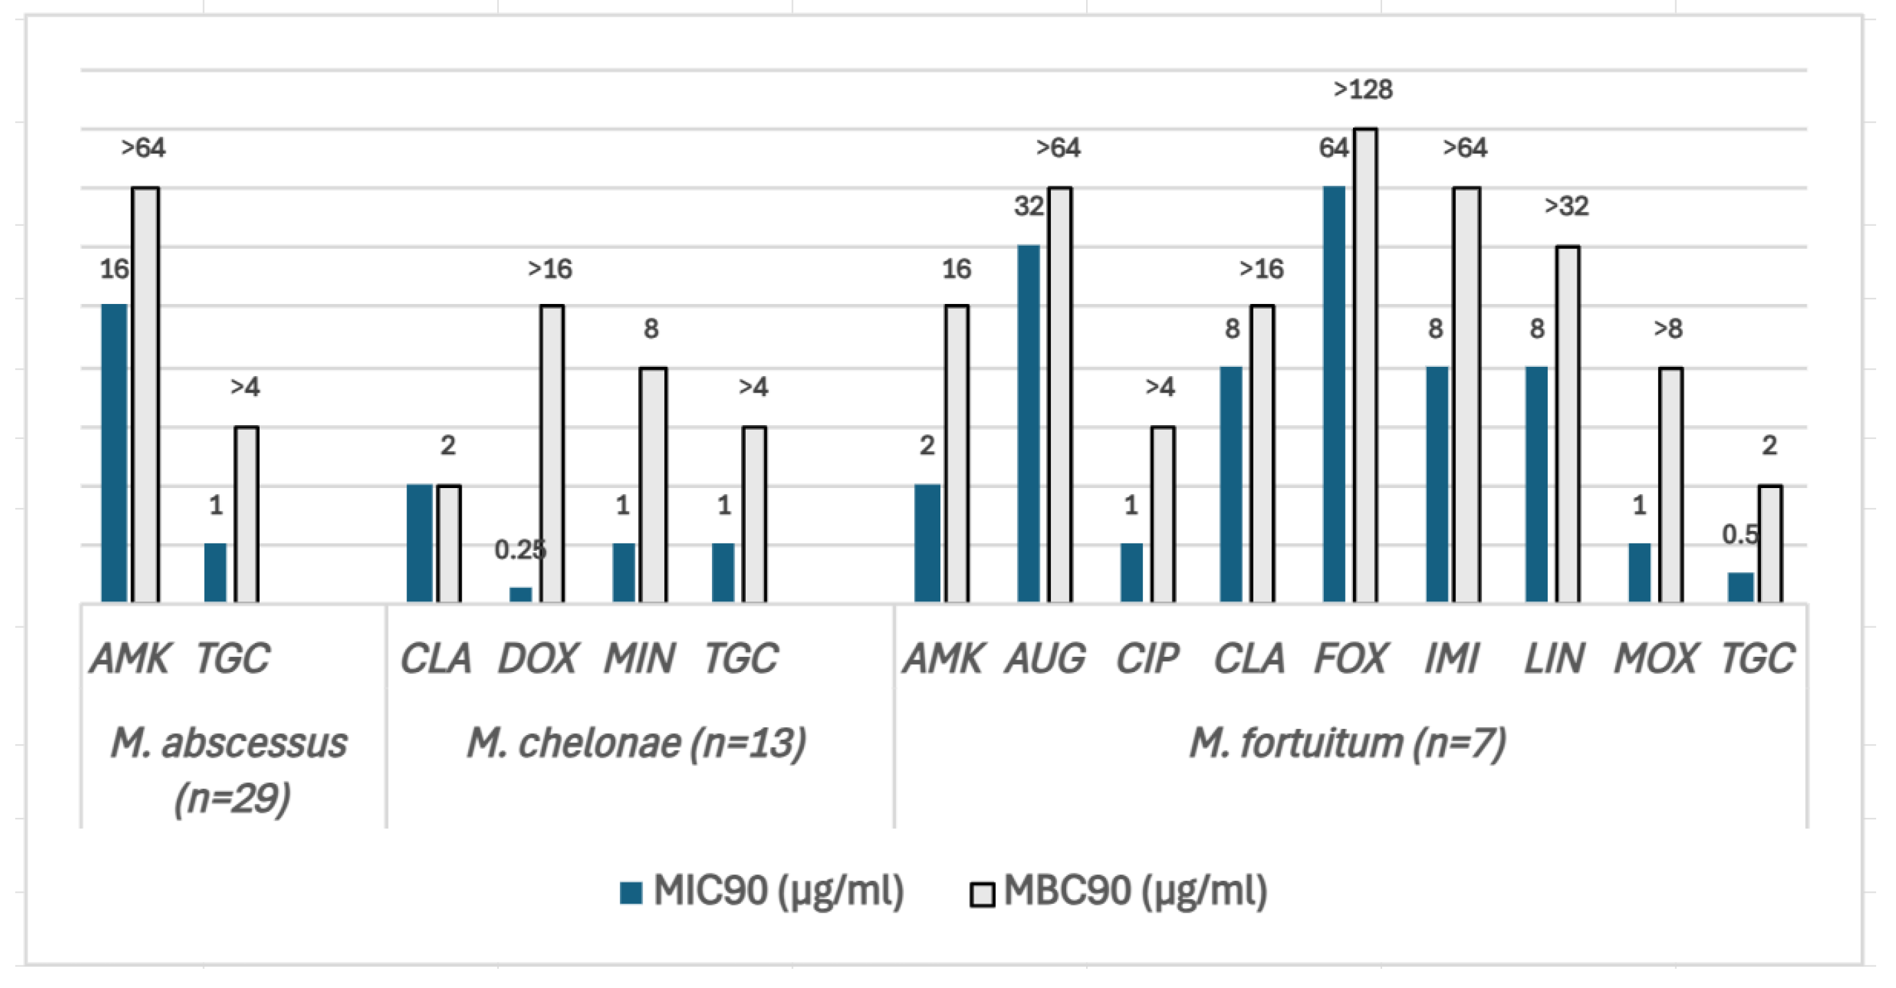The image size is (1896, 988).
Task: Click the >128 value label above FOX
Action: [x=1363, y=90]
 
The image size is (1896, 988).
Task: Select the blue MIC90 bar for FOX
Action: [x=1334, y=394]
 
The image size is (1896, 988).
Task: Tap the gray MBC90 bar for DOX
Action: [x=552, y=454]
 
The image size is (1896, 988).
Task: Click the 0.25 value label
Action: [x=520, y=550]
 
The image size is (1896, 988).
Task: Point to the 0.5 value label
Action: [x=1740, y=534]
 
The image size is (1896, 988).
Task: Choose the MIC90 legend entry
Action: [x=762, y=891]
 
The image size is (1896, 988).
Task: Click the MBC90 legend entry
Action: [x=1119, y=891]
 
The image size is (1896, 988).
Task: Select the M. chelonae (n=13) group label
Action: [x=636, y=743]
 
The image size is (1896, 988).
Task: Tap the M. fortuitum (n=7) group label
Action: [x=1348, y=743]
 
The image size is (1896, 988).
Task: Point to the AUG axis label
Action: [x=1045, y=658]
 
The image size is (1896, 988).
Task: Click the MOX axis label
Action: [x=1656, y=658]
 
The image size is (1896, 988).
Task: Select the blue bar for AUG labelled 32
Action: [x=1028, y=424]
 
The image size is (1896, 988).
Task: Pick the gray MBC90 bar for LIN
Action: [x=1568, y=424]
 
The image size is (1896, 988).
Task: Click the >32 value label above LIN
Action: [x=1566, y=206]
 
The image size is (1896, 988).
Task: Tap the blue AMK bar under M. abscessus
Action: [x=114, y=454]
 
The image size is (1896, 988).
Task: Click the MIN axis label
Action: [x=639, y=658]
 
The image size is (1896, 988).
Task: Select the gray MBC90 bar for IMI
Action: [x=1466, y=395]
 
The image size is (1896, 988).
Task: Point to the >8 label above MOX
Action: [x=1668, y=328]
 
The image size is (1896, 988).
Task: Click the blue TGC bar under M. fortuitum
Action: [x=1740, y=587]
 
